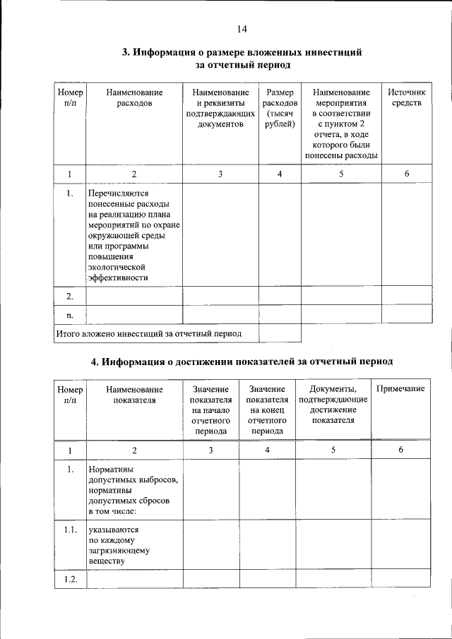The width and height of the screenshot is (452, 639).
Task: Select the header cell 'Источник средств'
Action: (x=407, y=98)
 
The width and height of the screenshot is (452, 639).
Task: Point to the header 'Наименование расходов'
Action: (x=134, y=98)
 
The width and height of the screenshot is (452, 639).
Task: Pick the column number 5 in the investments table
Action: (x=341, y=174)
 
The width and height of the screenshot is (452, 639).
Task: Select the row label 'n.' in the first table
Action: (x=70, y=313)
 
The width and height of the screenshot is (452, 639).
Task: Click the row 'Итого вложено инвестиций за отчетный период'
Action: (x=149, y=333)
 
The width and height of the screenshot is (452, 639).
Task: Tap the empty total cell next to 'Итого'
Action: (x=280, y=333)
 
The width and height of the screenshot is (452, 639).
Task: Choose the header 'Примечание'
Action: (x=400, y=389)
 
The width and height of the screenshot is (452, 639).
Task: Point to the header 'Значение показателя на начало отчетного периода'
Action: (x=210, y=410)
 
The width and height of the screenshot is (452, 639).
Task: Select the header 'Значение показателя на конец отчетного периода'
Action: (x=267, y=410)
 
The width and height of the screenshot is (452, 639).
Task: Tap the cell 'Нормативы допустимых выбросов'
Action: (x=133, y=489)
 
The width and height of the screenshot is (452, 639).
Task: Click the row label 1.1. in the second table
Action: (x=70, y=530)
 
